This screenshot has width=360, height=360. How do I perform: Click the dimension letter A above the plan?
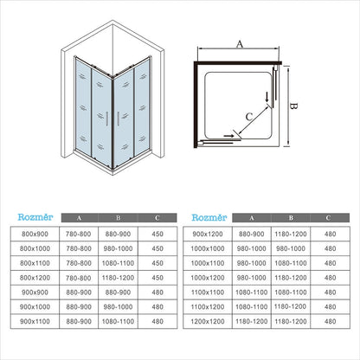click(x=240, y=44)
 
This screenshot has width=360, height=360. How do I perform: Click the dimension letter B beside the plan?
click(x=293, y=106)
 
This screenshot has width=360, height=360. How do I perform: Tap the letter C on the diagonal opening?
click(x=249, y=117)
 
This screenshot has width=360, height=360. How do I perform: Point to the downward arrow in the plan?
click(x=267, y=97)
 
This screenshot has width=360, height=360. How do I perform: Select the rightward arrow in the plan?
click(x=228, y=135)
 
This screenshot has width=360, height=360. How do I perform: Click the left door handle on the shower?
click(x=107, y=119)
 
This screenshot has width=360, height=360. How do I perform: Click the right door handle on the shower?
click(x=118, y=119)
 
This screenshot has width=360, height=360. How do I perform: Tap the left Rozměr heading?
click(x=35, y=217)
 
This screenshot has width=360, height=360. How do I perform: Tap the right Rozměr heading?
click(x=209, y=217)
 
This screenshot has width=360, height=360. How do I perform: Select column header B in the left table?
click(x=119, y=218)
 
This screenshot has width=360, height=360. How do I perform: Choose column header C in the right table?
click(x=328, y=218)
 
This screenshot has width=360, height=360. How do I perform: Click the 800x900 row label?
click(x=35, y=234)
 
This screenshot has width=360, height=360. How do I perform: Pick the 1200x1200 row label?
click(x=208, y=321)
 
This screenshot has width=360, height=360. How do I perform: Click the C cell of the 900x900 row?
click(x=157, y=292)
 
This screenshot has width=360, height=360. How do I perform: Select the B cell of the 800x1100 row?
click(x=118, y=263)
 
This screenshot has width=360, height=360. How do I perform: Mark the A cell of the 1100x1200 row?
click(x=252, y=307)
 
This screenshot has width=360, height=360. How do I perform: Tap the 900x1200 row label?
click(x=208, y=234)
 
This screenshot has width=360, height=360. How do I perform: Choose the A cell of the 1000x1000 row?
click(x=252, y=248)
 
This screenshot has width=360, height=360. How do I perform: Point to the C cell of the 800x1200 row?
click(x=157, y=278)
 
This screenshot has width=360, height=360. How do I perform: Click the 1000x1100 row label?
click(x=208, y=263)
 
